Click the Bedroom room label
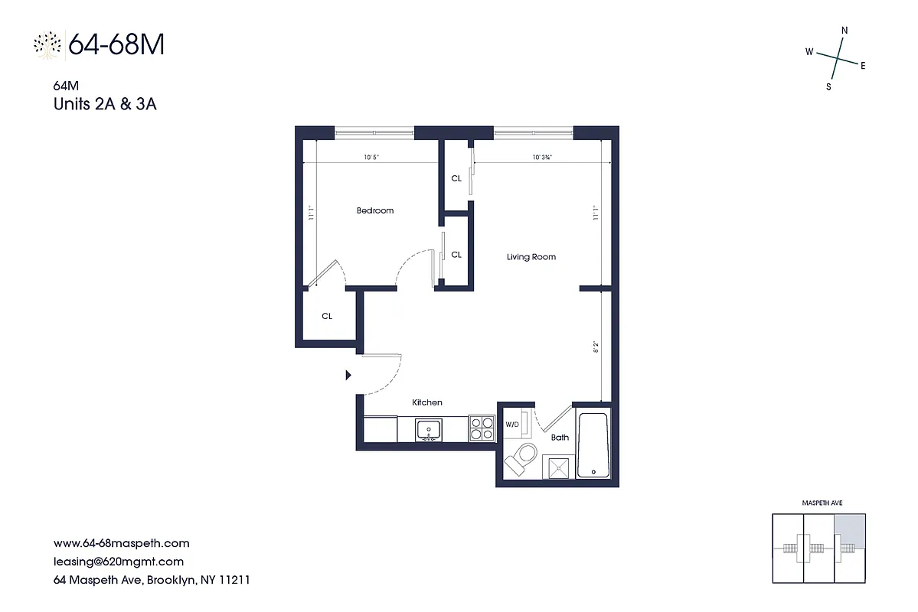(375, 210)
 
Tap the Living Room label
(531, 257)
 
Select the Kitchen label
(427, 402)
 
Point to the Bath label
(560, 438)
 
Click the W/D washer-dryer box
(511, 425)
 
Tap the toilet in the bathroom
(523, 460)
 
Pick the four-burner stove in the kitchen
(481, 428)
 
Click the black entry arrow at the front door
(348, 375)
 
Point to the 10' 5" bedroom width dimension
(371, 158)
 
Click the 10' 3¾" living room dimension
(542, 158)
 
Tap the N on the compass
(844, 31)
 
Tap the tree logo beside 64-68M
(47, 45)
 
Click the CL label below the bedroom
(327, 316)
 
